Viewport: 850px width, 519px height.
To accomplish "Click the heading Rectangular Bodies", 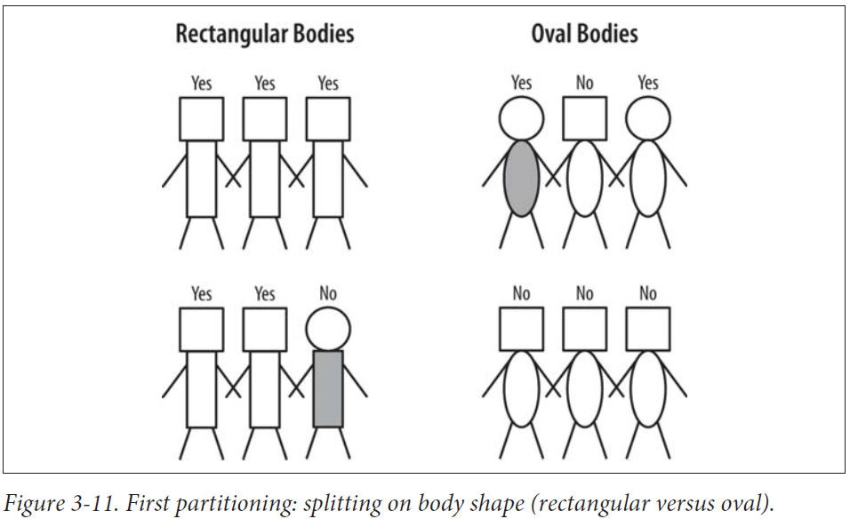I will tap(264, 35).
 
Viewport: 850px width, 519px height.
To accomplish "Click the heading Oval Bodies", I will tap(584, 35).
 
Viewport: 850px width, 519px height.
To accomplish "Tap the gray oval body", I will tap(521, 178).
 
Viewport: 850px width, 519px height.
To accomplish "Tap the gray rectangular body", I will tap(328, 388).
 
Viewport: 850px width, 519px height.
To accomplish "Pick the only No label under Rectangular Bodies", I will tap(328, 293).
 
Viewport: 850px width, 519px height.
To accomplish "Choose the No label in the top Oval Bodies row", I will tap(584, 84).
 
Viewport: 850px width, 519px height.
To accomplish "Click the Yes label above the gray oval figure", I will tap(521, 84).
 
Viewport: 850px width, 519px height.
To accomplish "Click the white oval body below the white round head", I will tap(647, 178).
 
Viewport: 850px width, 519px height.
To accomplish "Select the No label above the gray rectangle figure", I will tap(328, 293).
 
